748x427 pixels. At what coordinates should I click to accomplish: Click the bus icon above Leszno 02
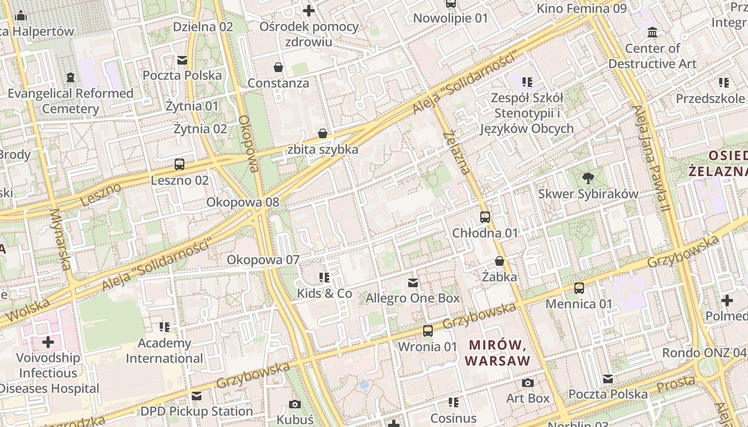(x=180, y=164)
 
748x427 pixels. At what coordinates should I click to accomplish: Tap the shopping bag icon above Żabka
(x=500, y=261)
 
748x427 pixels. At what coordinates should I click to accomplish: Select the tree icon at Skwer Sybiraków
(x=588, y=178)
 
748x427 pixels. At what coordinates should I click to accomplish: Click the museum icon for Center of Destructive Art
(x=652, y=33)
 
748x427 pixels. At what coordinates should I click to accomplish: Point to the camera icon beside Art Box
(x=528, y=383)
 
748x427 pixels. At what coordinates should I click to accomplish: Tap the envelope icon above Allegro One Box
(x=412, y=282)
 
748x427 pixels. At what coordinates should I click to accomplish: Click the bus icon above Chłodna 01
(x=485, y=217)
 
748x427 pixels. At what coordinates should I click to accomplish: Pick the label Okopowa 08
(x=243, y=202)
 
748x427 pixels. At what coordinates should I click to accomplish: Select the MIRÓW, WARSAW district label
(x=497, y=352)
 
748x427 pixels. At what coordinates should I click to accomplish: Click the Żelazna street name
(x=457, y=152)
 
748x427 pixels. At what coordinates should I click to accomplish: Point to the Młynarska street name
(x=61, y=239)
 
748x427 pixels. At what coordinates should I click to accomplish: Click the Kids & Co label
(x=325, y=294)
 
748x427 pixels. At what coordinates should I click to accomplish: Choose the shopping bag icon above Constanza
(x=278, y=67)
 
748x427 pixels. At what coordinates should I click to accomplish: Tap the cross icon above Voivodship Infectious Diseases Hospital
(x=48, y=342)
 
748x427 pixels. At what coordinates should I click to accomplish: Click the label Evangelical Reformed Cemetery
(x=71, y=101)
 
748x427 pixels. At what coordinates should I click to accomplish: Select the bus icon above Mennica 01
(x=579, y=288)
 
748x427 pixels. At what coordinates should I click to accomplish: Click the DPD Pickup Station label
(x=197, y=411)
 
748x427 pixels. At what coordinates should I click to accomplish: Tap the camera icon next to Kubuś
(x=295, y=404)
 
